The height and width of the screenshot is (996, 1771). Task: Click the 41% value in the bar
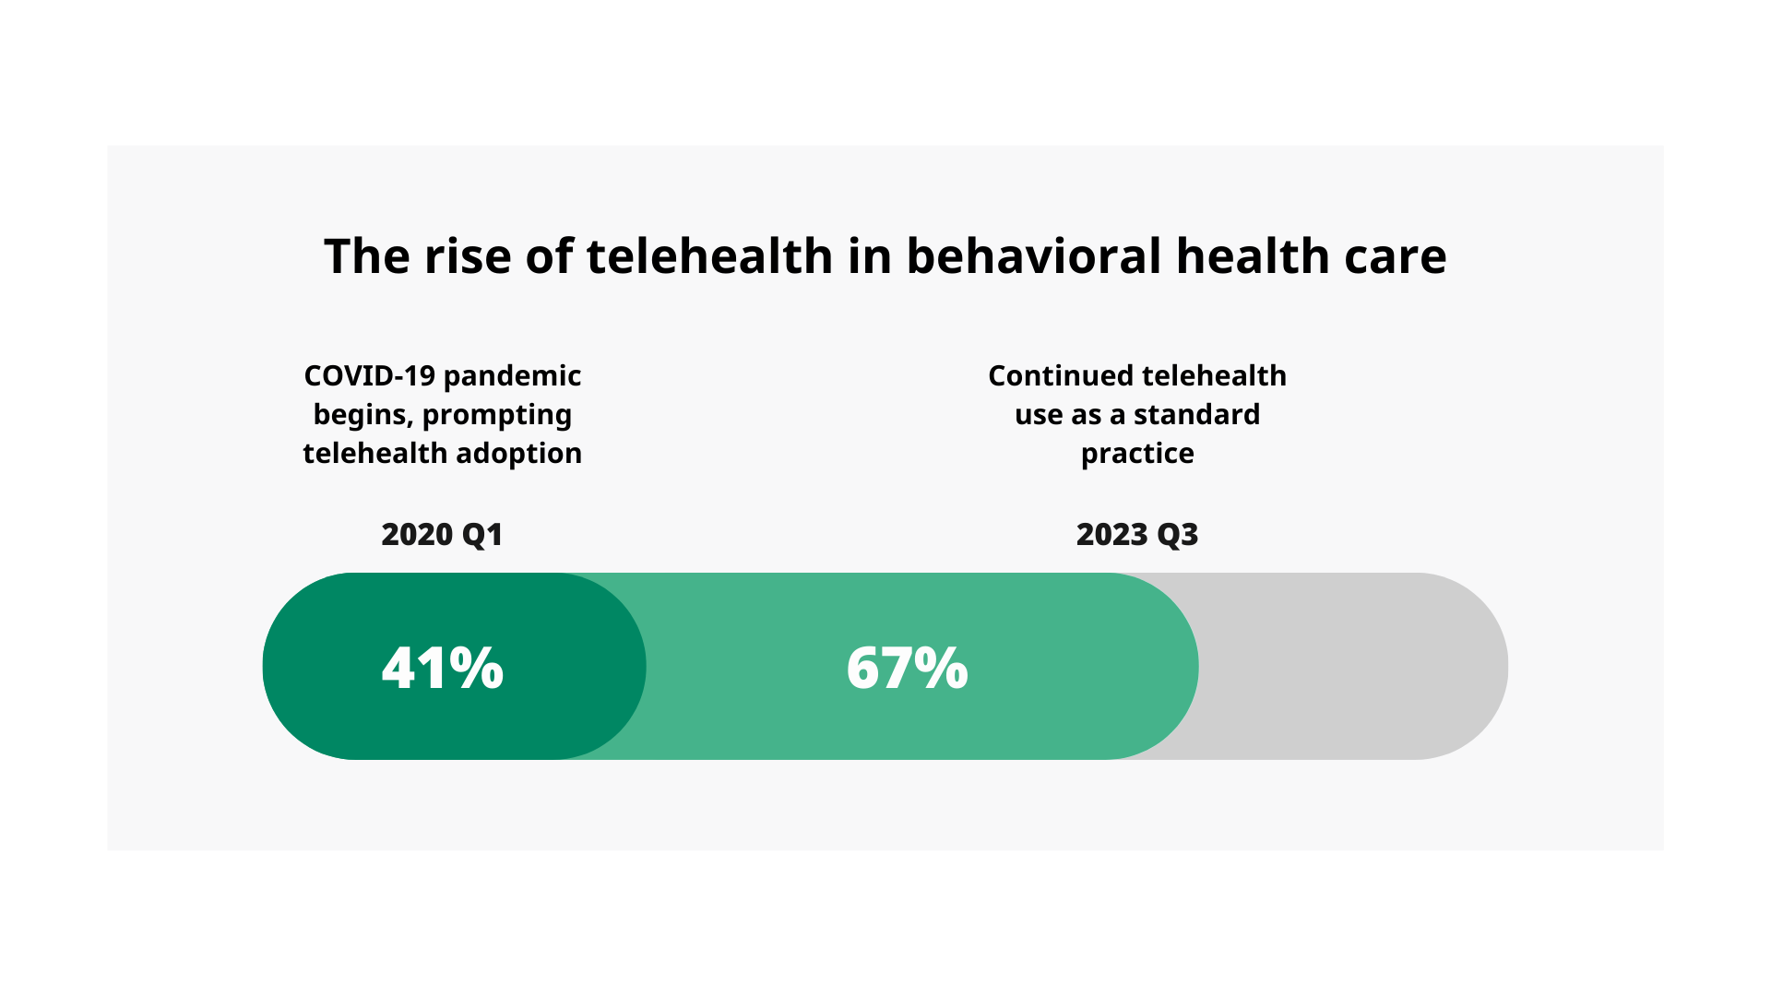point(443,668)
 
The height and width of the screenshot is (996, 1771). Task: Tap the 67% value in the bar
point(907,668)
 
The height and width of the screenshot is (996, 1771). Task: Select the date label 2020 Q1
point(442,535)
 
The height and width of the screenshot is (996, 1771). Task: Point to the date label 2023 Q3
point(1136,535)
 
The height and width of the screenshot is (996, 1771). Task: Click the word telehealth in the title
point(709,256)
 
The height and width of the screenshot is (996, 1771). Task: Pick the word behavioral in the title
point(1033,256)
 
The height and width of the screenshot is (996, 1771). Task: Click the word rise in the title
point(467,256)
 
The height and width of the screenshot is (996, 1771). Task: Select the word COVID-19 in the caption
point(369,376)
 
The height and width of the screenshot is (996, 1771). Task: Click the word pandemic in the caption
point(512,376)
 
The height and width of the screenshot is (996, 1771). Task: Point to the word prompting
point(496,416)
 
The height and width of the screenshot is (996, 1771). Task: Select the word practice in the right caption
point(1136,455)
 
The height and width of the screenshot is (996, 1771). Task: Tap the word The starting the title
point(366,256)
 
